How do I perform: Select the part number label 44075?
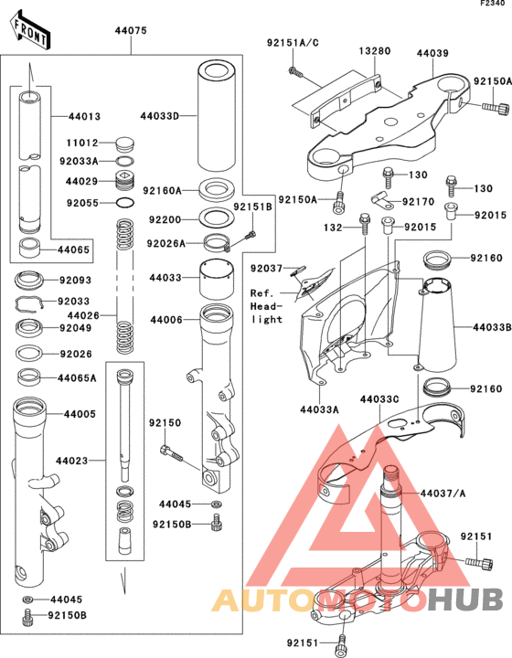pyautogui.click(x=131, y=31)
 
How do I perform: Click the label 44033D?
pyautogui.click(x=160, y=116)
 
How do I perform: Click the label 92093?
pyautogui.click(x=77, y=280)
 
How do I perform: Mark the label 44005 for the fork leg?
pyautogui.click(x=79, y=414)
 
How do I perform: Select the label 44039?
pyautogui.click(x=434, y=54)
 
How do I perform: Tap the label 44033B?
pyautogui.click(x=492, y=326)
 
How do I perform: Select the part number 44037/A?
pyautogui.click(x=442, y=493)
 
